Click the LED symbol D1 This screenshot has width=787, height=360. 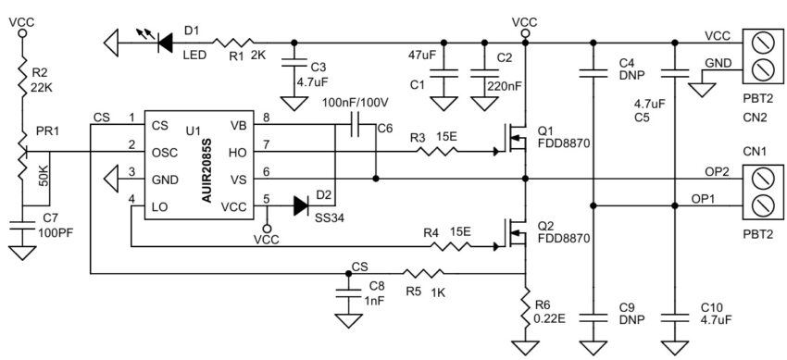coord(167,42)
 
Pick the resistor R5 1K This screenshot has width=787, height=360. coord(422,274)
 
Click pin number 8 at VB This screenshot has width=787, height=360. coord(266,118)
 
